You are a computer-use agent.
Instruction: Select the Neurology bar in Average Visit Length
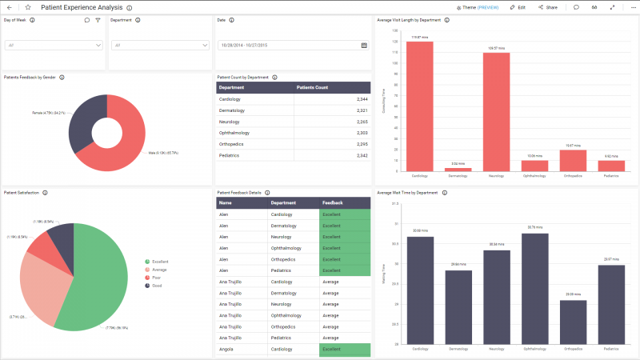(x=496, y=112)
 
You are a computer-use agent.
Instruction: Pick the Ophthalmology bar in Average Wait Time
(x=534, y=288)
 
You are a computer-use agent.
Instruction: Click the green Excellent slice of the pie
(x=96, y=272)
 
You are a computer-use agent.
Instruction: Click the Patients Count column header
(x=312, y=87)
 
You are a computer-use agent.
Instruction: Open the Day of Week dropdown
(x=54, y=46)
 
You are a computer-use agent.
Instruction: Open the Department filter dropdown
(x=160, y=46)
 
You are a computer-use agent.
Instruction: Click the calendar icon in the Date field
(x=364, y=46)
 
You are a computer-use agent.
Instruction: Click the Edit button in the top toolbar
(x=518, y=7)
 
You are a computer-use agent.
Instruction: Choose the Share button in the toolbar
(x=547, y=7)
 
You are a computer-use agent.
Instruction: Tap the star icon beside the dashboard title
(x=28, y=7)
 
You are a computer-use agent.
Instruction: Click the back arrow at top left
(x=9, y=7)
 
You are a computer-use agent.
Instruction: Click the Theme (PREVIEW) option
(x=478, y=7)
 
